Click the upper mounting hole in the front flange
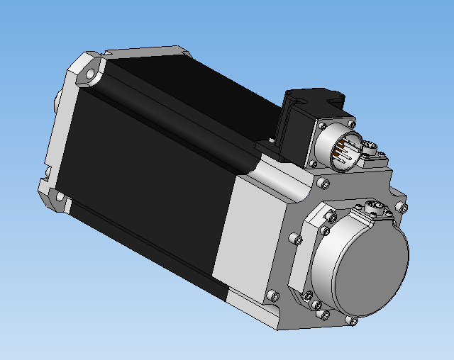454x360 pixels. tap(92, 74)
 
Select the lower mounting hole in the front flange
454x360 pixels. tap(60, 196)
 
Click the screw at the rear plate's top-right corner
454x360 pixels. tap(403, 208)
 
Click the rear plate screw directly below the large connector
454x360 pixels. tap(325, 184)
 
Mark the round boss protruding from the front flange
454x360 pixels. tap(55, 100)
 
